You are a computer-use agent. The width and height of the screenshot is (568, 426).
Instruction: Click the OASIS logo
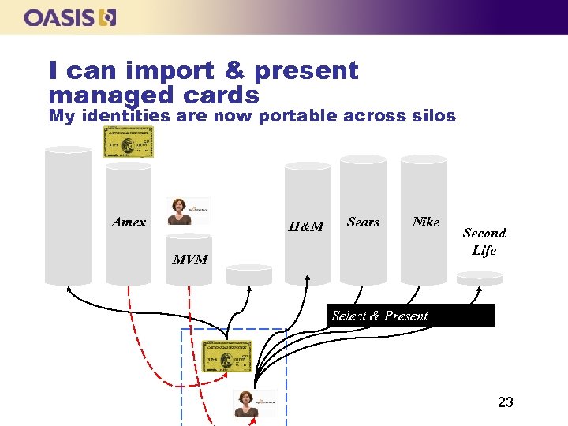[x=70, y=17]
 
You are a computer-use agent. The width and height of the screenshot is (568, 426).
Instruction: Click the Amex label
[x=129, y=222]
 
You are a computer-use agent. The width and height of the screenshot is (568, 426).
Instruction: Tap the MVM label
[x=190, y=260]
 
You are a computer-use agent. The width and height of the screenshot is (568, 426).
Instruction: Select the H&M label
[x=306, y=227]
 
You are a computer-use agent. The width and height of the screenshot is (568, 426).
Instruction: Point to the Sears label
[x=363, y=222]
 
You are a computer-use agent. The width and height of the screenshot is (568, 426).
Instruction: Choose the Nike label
[x=426, y=222]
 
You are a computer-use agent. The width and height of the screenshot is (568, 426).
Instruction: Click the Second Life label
[x=484, y=241]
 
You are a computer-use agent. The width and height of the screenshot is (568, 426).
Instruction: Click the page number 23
[x=506, y=403]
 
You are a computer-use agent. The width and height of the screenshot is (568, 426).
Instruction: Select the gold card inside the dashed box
[x=227, y=357]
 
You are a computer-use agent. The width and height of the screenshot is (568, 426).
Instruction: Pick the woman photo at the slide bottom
[x=252, y=404]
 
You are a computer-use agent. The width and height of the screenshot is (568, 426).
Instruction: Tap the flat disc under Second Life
[x=480, y=277]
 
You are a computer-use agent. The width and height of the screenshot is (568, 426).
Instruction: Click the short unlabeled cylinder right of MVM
[x=249, y=274]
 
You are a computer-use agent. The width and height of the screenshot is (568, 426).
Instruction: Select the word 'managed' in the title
[x=100, y=95]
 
